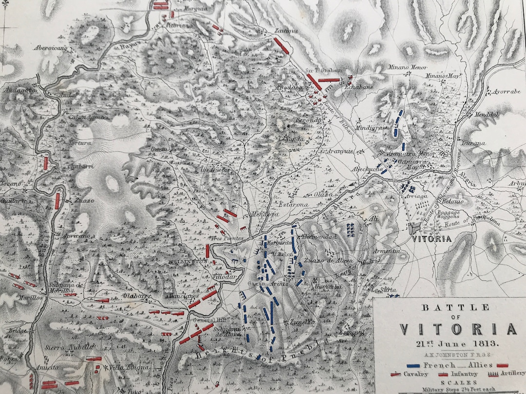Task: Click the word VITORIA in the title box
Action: point(458,329)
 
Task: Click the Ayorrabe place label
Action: point(506,91)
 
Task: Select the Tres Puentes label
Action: point(223,238)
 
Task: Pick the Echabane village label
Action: point(359,87)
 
